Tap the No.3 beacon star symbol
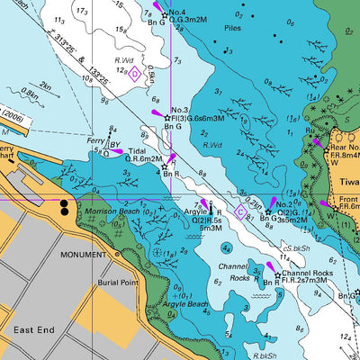pos(166,117)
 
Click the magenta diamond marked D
pos(134,74)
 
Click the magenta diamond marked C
pos(240,211)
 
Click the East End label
pos(35,330)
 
